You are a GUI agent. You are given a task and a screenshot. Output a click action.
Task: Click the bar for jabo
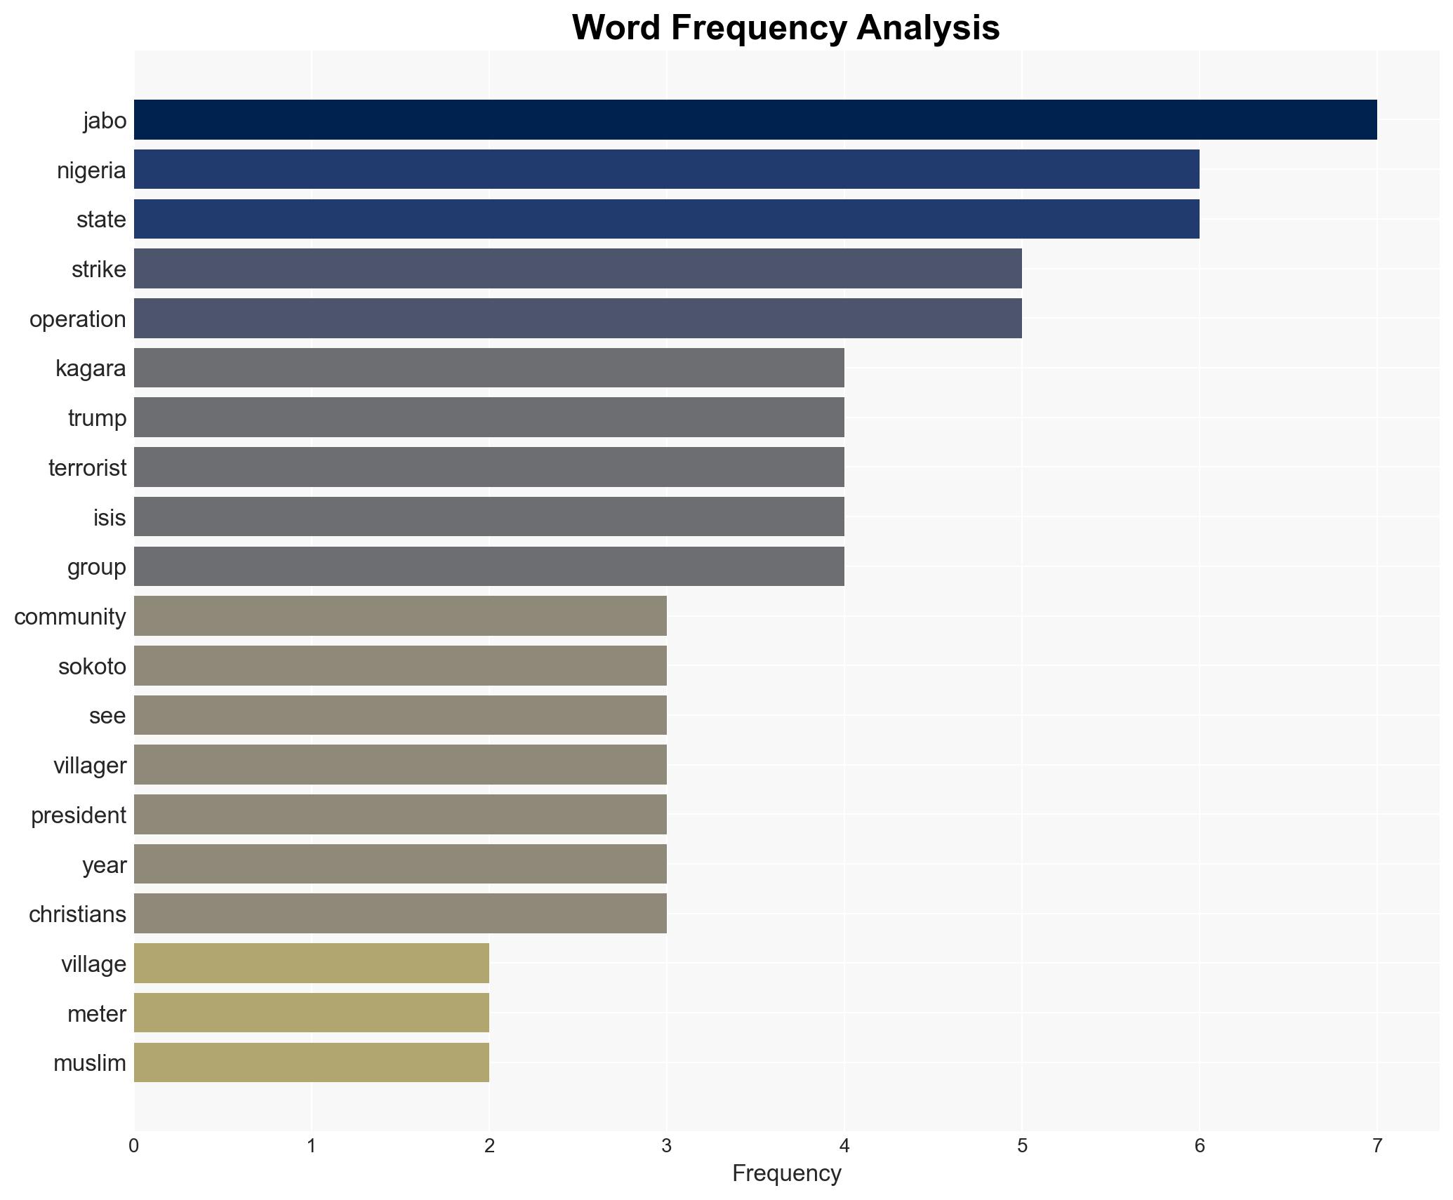(x=755, y=120)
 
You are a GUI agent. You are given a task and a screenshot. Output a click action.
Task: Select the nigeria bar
(x=666, y=170)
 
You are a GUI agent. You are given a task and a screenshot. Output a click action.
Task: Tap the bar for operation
(x=577, y=319)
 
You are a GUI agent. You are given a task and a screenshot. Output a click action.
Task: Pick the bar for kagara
(x=489, y=368)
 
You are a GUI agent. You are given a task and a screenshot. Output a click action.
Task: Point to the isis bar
(x=489, y=517)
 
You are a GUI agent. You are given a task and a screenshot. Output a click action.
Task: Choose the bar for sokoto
(x=400, y=666)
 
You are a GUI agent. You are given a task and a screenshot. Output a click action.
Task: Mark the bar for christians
(x=400, y=914)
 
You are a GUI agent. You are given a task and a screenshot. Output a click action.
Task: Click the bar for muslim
(x=311, y=1062)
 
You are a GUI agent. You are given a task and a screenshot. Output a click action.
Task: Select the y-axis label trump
(x=97, y=418)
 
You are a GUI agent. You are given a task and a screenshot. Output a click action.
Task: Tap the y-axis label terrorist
(x=87, y=468)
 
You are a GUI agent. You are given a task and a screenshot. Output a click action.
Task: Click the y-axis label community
(x=70, y=617)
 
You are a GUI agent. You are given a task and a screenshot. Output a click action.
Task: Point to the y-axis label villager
(x=90, y=766)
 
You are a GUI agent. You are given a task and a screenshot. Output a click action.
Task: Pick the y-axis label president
(x=79, y=815)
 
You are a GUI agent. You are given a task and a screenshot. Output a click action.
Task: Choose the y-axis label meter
(x=97, y=1014)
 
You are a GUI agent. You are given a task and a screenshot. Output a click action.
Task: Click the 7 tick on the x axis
(x=1376, y=1146)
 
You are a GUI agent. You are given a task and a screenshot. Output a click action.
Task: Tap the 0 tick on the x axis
(x=134, y=1146)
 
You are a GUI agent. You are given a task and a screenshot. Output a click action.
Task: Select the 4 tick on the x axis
(x=844, y=1146)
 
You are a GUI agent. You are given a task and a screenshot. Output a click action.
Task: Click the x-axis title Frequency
(x=786, y=1173)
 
